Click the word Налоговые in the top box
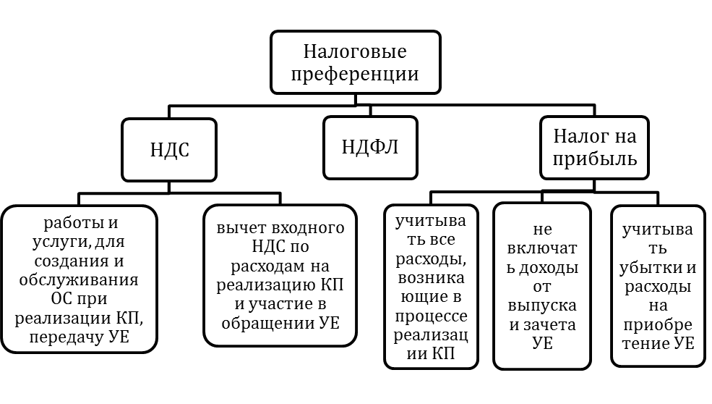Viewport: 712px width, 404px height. (354, 52)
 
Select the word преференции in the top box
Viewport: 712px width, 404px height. (354, 73)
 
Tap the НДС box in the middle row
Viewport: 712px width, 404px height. (169, 149)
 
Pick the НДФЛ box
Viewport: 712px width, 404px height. (370, 146)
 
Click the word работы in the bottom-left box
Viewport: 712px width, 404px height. (67, 222)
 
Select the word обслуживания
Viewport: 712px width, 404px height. (79, 279)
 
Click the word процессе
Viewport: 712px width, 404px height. (432, 317)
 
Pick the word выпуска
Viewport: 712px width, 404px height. (542, 305)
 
